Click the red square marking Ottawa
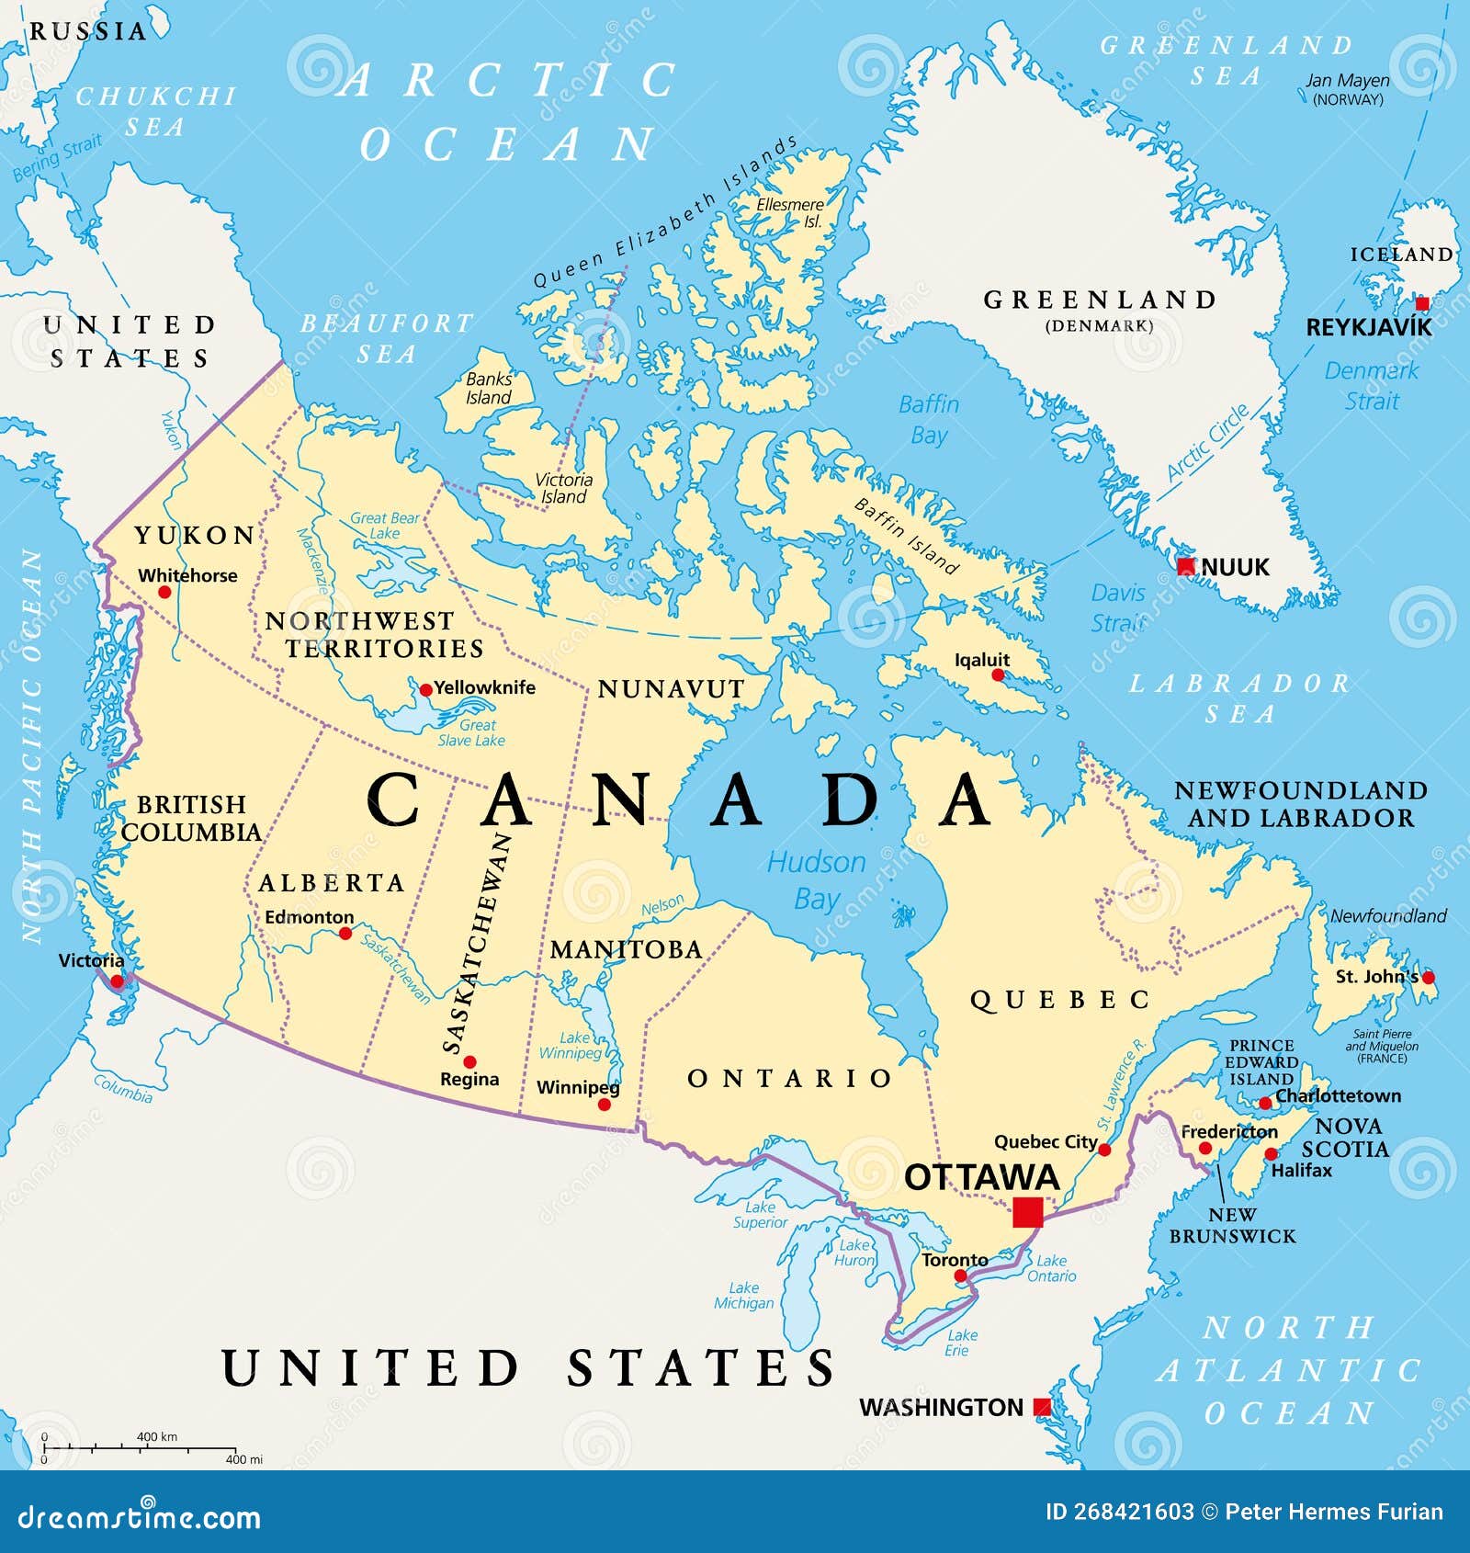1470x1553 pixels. [x=1028, y=1212]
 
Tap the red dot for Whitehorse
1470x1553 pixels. [x=164, y=592]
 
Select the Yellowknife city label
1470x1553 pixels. [x=484, y=687]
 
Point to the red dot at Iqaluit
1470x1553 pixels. [x=999, y=675]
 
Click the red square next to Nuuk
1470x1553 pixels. [x=1186, y=567]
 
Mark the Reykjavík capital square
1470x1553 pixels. [x=1422, y=304]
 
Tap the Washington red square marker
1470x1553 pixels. [x=1042, y=1407]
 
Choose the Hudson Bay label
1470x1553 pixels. [x=817, y=880]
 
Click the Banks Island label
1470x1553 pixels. [x=489, y=388]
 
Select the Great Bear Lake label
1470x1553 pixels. [x=384, y=526]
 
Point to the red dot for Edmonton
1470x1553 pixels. [x=345, y=934]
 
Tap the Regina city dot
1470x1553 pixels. [x=469, y=1062]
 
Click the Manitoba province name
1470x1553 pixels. [x=626, y=949]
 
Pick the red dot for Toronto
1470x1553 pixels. [x=960, y=1275]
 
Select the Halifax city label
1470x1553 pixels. [x=1301, y=1171]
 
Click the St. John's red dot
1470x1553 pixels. [x=1428, y=978]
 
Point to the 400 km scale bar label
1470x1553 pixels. [x=157, y=1436]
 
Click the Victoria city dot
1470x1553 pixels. [x=118, y=982]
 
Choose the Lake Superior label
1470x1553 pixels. [x=761, y=1214]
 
